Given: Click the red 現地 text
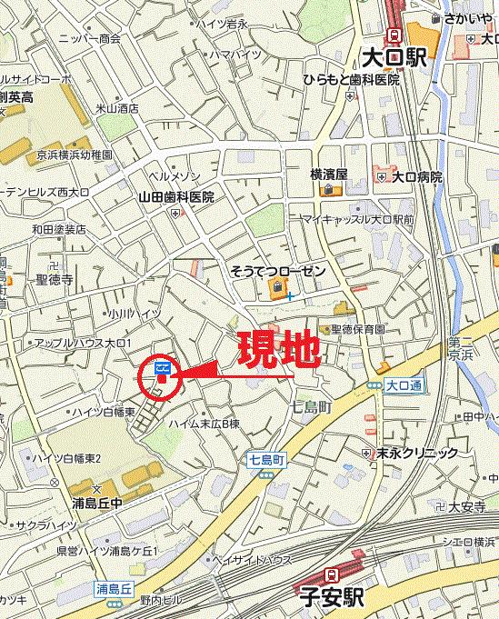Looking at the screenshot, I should click(278, 350).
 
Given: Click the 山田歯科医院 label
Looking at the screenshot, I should click(175, 196).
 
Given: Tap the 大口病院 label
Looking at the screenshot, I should click(417, 176).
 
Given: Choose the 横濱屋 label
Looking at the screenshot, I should click(329, 174).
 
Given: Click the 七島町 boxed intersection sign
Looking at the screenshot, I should click(266, 461).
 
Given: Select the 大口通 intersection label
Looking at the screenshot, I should click(403, 385).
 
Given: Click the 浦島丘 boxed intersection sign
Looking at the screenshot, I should click(115, 589).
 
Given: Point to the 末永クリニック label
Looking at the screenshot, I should click(418, 453).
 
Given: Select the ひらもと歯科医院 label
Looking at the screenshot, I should click(352, 80).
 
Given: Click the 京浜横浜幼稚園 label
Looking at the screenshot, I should click(75, 155).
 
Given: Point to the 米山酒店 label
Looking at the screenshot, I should click(119, 107).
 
